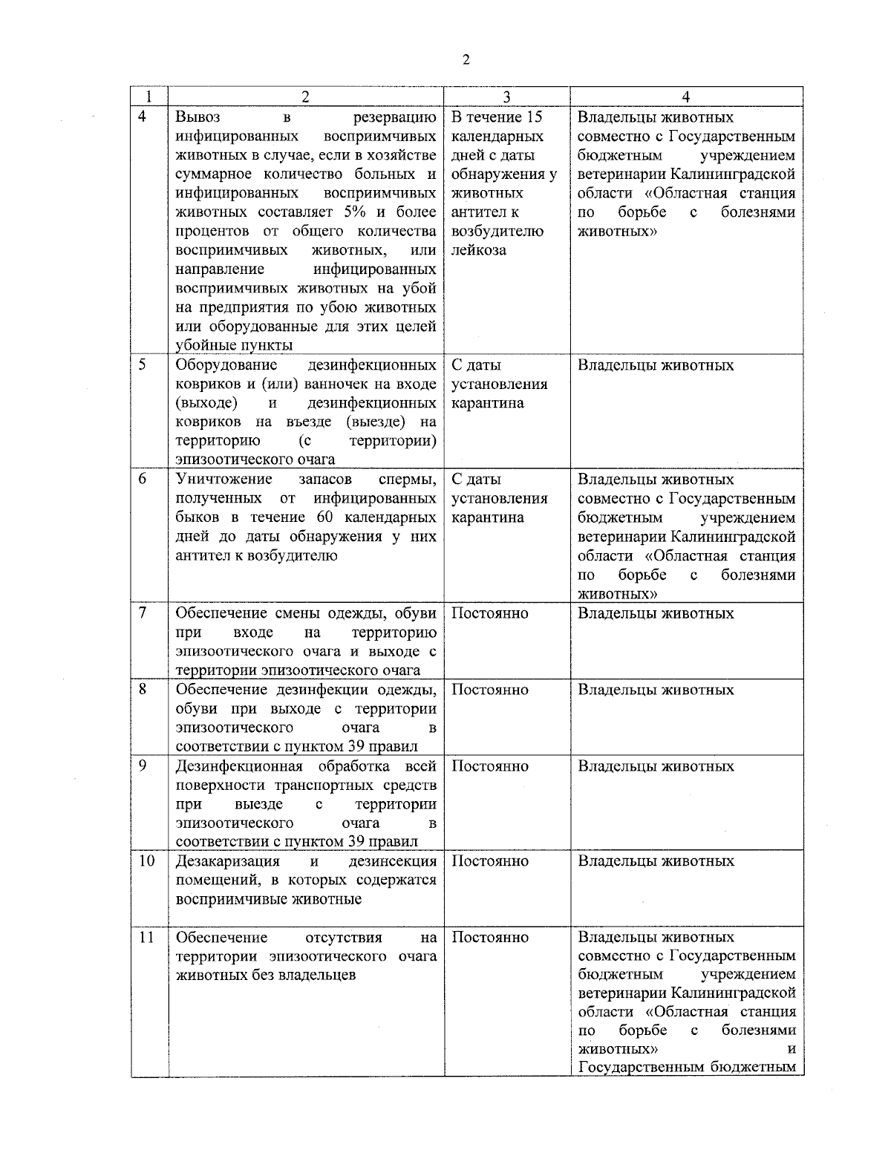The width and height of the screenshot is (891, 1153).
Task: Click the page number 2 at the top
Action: (466, 61)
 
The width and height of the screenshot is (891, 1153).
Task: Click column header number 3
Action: (506, 97)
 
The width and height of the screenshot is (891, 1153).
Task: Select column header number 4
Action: (685, 97)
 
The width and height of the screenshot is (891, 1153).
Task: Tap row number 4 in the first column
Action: (143, 117)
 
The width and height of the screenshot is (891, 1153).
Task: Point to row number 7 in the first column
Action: (143, 613)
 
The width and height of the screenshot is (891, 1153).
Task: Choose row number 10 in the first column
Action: (146, 860)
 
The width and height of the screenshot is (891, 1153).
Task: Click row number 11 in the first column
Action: (146, 937)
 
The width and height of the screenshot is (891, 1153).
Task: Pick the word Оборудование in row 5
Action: (226, 365)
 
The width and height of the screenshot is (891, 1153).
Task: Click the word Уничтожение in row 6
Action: (223, 479)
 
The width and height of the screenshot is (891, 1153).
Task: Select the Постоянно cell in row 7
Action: (490, 613)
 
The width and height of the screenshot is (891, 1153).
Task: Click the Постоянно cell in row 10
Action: (490, 861)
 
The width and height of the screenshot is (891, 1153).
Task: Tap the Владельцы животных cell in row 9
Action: (656, 766)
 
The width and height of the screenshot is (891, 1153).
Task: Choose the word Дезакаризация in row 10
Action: (228, 861)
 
